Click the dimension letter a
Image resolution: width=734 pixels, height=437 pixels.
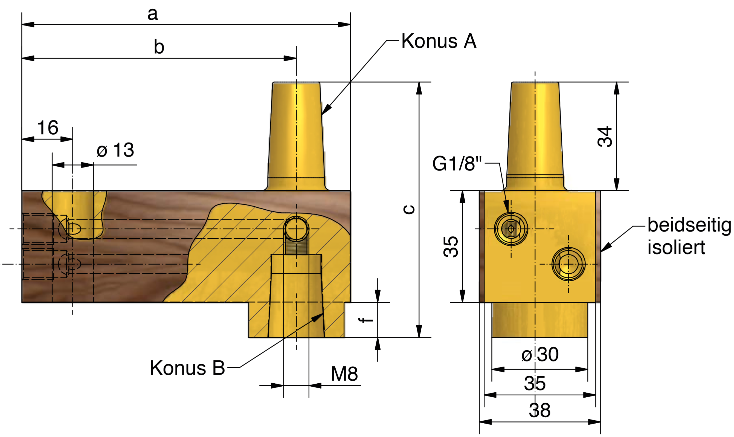[152, 14]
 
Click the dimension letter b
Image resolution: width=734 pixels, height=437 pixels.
[159, 47]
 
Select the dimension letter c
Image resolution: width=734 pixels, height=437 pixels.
[409, 209]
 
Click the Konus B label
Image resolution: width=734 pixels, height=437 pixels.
[187, 368]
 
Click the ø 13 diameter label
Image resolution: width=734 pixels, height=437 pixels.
[115, 150]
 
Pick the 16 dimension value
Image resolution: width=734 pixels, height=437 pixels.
[47, 128]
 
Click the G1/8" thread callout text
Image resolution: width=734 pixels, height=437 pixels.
[457, 163]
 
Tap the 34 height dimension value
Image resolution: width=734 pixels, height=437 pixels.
[605, 137]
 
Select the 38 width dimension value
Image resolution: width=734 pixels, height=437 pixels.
[539, 410]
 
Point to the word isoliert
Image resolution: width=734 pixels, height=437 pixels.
[676, 247]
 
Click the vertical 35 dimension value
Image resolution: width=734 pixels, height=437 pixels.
[451, 247]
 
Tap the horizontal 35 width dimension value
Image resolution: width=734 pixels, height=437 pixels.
[535, 383]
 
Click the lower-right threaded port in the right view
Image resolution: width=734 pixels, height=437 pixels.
[568, 264]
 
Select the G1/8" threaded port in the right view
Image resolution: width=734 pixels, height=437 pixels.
[511, 228]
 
